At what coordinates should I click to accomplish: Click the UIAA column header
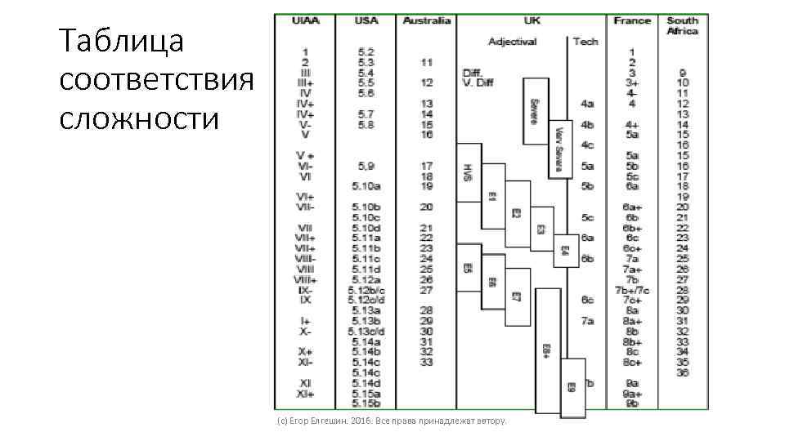[x=306, y=21]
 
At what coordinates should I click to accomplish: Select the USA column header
[x=366, y=21]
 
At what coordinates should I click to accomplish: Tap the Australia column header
[x=427, y=21]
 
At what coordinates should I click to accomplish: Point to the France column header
[x=632, y=21]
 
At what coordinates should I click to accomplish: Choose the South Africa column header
[x=682, y=26]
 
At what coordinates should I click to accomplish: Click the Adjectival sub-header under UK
[x=512, y=41]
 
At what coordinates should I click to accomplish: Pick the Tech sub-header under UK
[x=585, y=41]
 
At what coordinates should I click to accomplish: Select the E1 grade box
[x=492, y=196]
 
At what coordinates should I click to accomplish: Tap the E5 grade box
[x=469, y=268]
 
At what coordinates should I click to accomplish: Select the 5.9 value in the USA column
[x=366, y=166]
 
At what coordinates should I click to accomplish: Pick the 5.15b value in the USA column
[x=366, y=403]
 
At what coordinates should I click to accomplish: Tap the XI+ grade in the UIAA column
[x=305, y=393]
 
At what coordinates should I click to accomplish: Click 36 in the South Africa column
[x=682, y=372]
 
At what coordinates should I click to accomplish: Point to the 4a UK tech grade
[x=587, y=104]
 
